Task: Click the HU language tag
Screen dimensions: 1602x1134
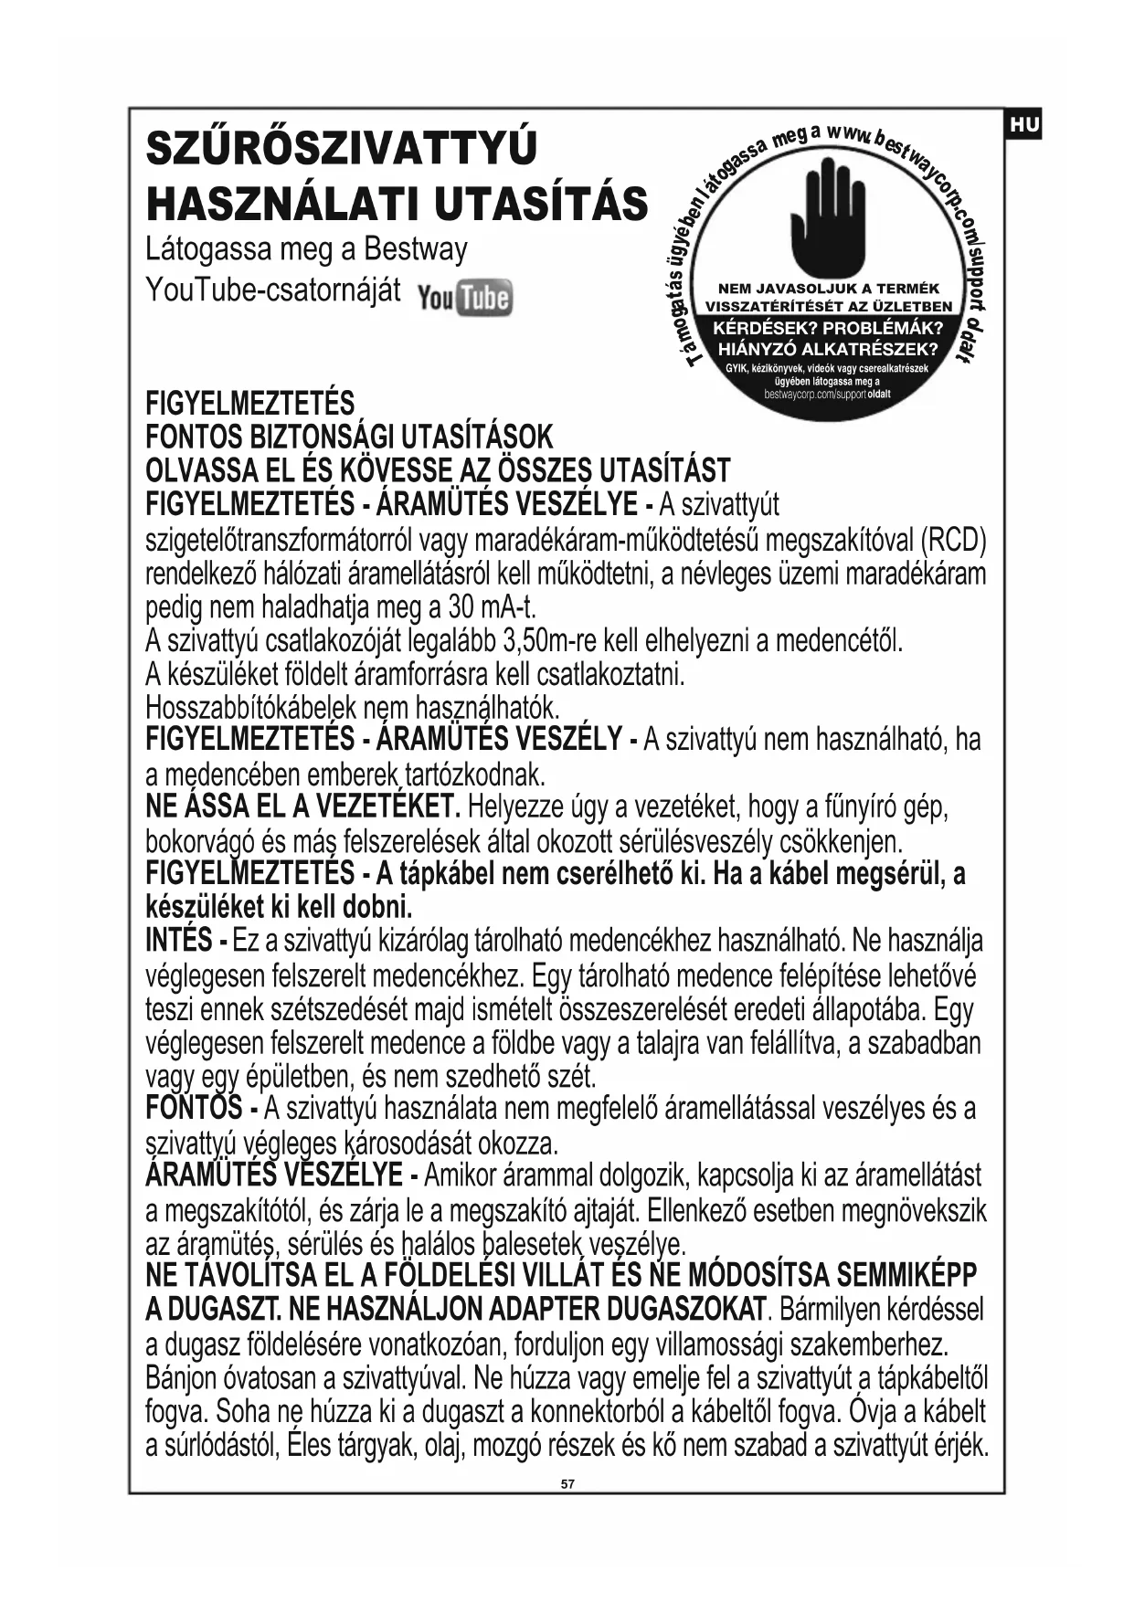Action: (x=1024, y=125)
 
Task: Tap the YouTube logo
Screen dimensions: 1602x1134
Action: (x=464, y=298)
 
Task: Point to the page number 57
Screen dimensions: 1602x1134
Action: (x=567, y=1483)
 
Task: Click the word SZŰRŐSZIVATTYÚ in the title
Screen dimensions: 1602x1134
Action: (x=341, y=149)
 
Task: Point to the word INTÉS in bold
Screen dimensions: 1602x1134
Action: (x=179, y=940)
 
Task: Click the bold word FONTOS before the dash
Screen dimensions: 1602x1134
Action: (x=194, y=1108)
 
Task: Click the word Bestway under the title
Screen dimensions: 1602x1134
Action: (x=415, y=249)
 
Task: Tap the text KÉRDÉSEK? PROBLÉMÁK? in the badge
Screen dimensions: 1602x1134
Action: (x=828, y=329)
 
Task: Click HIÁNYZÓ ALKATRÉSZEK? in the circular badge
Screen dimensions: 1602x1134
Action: (x=828, y=348)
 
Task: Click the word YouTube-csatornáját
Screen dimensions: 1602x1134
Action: (x=273, y=290)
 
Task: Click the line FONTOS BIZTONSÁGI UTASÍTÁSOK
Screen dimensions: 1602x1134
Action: (x=349, y=437)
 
